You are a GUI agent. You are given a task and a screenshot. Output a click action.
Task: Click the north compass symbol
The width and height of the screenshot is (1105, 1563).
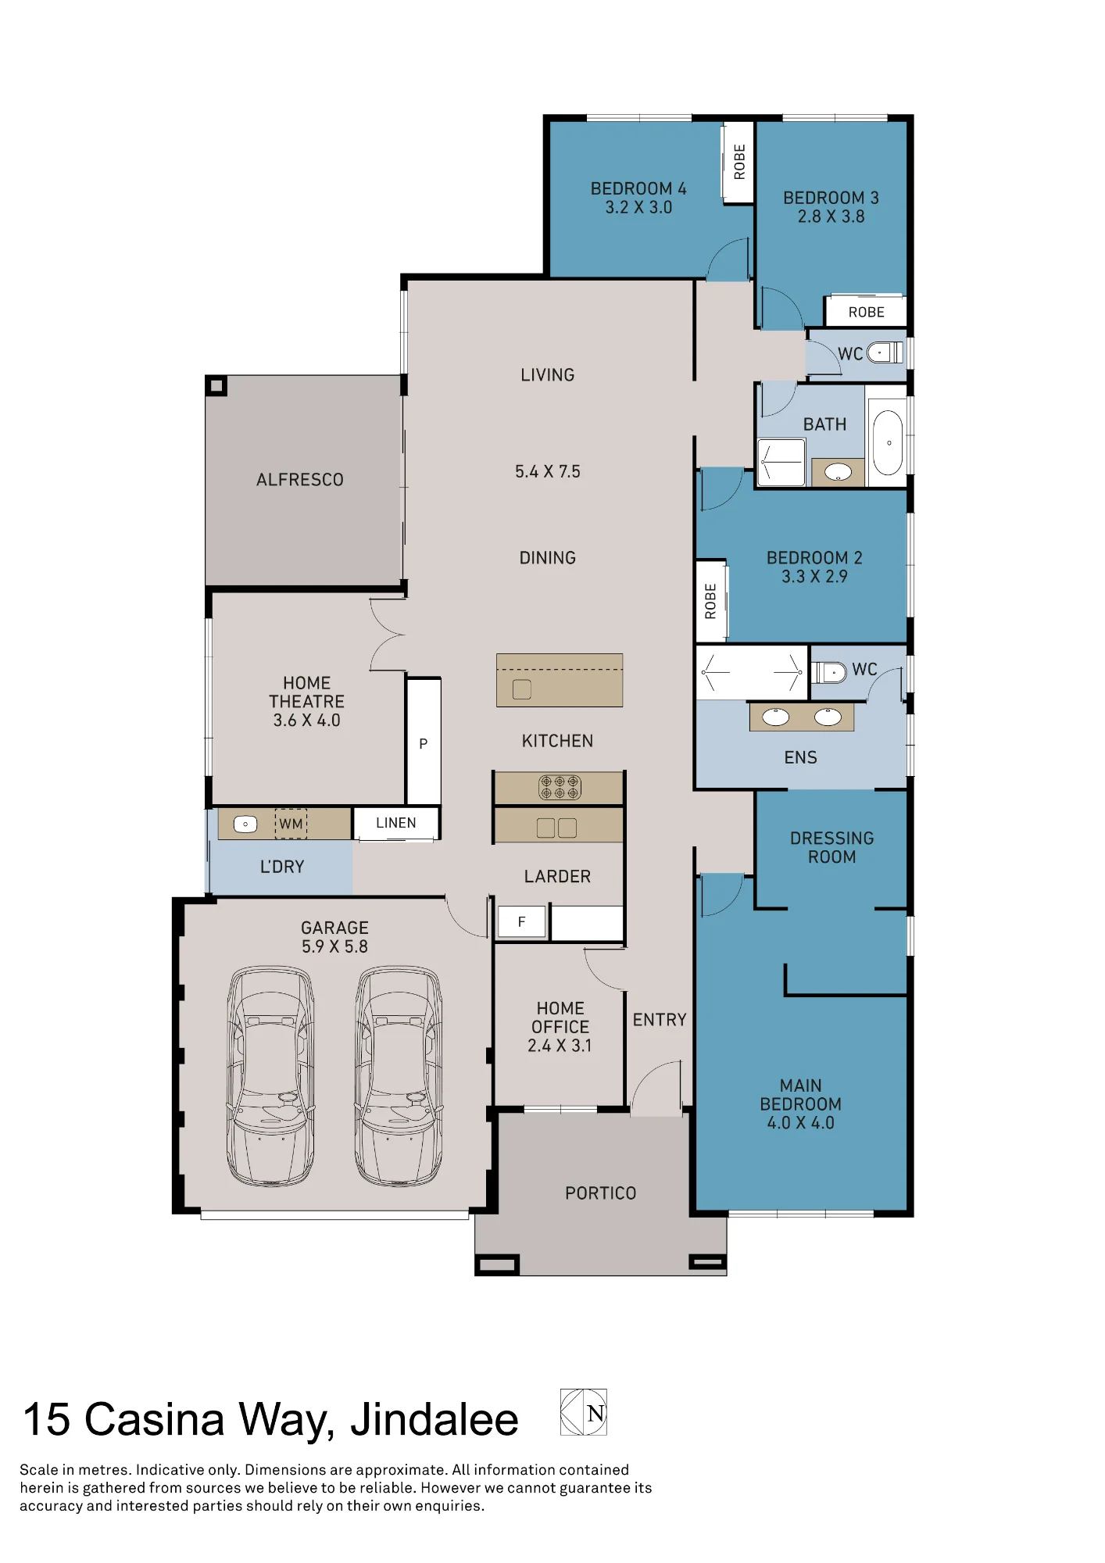pyautogui.click(x=584, y=1412)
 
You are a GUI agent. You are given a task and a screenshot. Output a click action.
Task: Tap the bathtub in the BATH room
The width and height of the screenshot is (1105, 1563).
pyautogui.click(x=888, y=442)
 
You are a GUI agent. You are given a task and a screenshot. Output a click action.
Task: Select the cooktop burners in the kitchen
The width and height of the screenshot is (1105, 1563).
pyautogui.click(x=560, y=787)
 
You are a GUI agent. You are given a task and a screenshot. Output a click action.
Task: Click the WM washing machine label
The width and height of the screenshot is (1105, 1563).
pyautogui.click(x=291, y=824)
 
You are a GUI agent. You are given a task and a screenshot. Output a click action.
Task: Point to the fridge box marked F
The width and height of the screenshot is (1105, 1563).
pyautogui.click(x=522, y=922)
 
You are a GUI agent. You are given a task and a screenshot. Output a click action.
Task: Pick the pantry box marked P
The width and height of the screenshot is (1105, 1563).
pyautogui.click(x=424, y=742)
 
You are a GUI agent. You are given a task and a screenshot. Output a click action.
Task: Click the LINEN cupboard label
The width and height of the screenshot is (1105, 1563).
pyautogui.click(x=396, y=823)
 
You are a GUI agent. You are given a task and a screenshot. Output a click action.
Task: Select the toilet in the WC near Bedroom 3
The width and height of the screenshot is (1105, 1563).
pyautogui.click(x=885, y=352)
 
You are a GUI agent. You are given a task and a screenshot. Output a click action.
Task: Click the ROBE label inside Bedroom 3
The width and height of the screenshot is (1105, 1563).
pyautogui.click(x=867, y=312)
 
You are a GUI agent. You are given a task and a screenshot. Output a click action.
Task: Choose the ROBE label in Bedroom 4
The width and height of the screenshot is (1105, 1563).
pyautogui.click(x=739, y=162)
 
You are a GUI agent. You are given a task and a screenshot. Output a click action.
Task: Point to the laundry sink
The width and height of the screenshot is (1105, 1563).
pyautogui.click(x=245, y=824)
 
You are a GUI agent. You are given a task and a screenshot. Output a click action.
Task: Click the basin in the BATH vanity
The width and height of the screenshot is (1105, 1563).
pyautogui.click(x=839, y=472)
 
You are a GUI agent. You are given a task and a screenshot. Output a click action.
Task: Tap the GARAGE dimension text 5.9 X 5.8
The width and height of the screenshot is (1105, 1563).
pyautogui.click(x=334, y=946)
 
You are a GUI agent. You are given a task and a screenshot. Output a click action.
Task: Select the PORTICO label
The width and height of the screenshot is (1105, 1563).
pyautogui.click(x=601, y=1193)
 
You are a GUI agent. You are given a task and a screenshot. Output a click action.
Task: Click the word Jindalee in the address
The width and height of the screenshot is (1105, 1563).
pyautogui.click(x=434, y=1419)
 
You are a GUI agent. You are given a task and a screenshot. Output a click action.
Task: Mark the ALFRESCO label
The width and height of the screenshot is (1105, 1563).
pyautogui.click(x=300, y=480)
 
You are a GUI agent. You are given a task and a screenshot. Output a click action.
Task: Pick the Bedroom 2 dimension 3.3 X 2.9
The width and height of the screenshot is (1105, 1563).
pyautogui.click(x=814, y=577)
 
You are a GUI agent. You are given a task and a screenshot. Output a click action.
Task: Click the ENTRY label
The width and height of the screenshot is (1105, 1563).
pyautogui.click(x=660, y=1020)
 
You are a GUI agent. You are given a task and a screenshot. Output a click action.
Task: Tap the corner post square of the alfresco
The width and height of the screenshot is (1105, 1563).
pyautogui.click(x=216, y=385)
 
